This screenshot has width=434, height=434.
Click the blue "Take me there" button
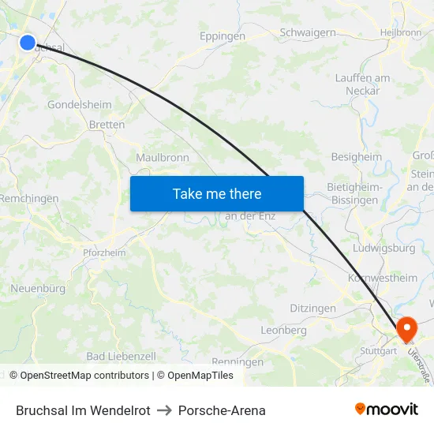click(x=217, y=193)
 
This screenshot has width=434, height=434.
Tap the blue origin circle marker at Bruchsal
click(x=28, y=43)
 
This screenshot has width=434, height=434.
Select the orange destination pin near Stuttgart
click(x=407, y=329)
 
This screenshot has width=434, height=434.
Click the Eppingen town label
click(x=223, y=36)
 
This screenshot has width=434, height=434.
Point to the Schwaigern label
click(x=308, y=33)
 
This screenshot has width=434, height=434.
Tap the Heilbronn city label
click(x=401, y=32)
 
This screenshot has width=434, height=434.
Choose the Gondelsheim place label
click(x=79, y=104)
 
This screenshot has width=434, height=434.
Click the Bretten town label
click(x=107, y=125)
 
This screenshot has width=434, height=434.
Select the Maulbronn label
click(x=162, y=158)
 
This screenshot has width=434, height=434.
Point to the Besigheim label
click(x=356, y=157)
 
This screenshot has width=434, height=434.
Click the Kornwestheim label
click(x=383, y=278)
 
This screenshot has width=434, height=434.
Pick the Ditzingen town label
click(x=312, y=309)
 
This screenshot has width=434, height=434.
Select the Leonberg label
click(x=283, y=330)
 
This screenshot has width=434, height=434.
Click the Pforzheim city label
click(x=104, y=253)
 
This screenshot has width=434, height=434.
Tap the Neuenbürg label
click(x=38, y=289)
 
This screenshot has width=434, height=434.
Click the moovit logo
click(x=386, y=410)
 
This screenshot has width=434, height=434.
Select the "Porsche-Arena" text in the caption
click(x=222, y=410)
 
